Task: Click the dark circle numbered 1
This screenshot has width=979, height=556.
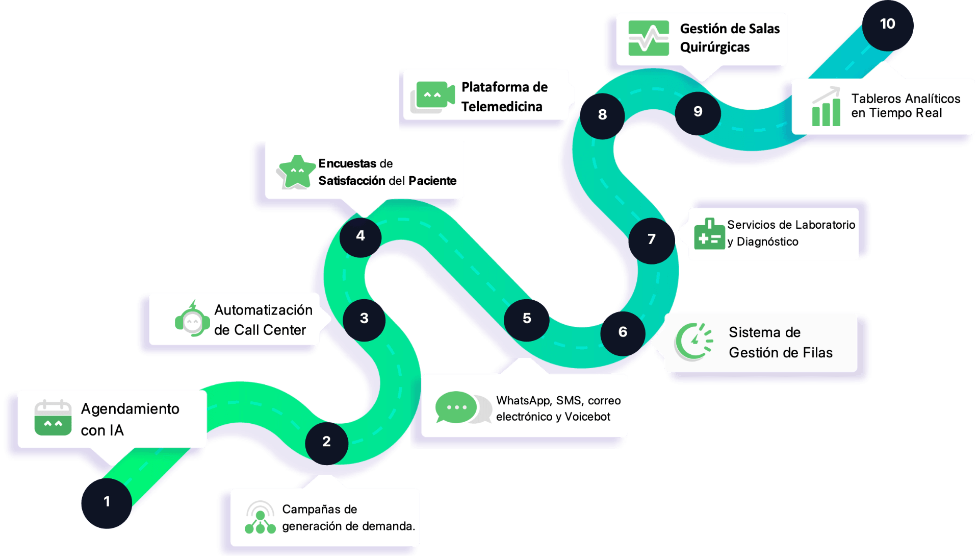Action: click(x=107, y=503)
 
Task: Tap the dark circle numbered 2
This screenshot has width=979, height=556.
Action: click(x=326, y=443)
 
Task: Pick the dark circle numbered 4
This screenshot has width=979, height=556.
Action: click(x=360, y=237)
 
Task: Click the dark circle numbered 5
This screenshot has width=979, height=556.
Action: click(x=527, y=320)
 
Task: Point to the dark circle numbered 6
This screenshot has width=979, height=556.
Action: click(x=623, y=333)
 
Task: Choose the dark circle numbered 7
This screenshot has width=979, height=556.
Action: click(x=652, y=240)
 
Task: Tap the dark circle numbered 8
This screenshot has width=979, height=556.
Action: click(x=602, y=116)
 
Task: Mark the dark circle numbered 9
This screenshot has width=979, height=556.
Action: click(x=698, y=113)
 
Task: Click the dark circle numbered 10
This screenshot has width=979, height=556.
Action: click(x=888, y=26)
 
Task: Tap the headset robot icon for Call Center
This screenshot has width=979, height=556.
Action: click(x=192, y=319)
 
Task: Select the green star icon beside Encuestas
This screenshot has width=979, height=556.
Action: click(x=296, y=172)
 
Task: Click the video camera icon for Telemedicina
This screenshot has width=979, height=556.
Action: click(x=432, y=96)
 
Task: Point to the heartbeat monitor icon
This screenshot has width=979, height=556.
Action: click(x=649, y=38)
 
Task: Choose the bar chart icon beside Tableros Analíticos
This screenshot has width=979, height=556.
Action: click(x=826, y=107)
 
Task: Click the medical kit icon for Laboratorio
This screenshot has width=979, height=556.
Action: click(x=709, y=234)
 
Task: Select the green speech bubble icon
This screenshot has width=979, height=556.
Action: click(x=456, y=407)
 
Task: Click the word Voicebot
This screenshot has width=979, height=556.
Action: click(x=587, y=417)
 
